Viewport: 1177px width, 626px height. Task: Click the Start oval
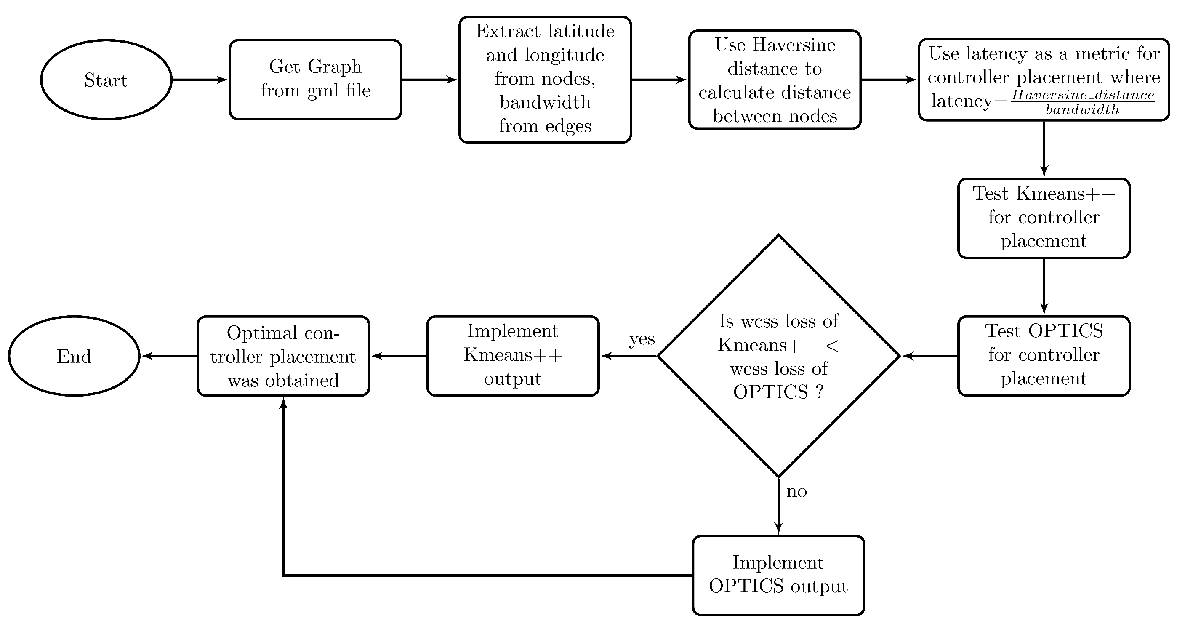[x=106, y=80]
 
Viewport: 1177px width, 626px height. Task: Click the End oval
[x=74, y=356]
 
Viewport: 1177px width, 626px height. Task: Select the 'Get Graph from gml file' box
[x=315, y=80]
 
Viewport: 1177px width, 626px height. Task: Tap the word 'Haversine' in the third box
[x=794, y=45]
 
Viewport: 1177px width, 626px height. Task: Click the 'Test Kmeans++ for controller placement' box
[x=1044, y=218]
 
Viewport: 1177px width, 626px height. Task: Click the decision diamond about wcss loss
[x=778, y=356]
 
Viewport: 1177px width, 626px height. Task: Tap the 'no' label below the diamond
[x=796, y=492]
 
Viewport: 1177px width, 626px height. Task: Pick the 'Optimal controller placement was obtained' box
[x=283, y=356]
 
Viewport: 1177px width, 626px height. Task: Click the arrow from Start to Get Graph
[x=200, y=80]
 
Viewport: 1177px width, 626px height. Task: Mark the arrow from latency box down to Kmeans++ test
[x=1044, y=149]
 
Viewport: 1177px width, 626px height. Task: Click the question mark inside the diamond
[x=820, y=392]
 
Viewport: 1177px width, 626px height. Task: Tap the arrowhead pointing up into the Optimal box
[x=283, y=403]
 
